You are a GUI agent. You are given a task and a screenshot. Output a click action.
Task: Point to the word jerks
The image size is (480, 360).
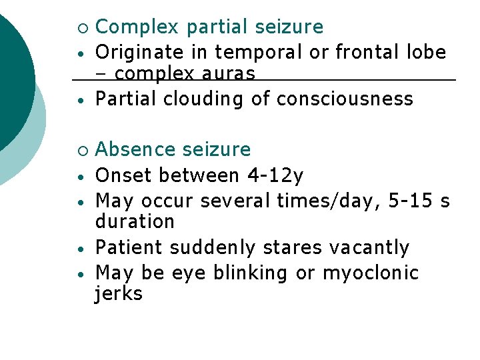click(x=119, y=294)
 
